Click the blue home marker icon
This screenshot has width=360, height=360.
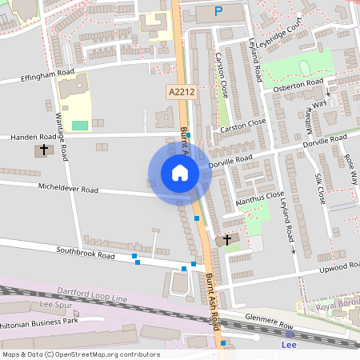(x=180, y=173)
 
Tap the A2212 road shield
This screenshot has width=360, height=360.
(x=181, y=94)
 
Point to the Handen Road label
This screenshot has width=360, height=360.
(x=34, y=137)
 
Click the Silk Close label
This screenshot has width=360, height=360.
(x=318, y=189)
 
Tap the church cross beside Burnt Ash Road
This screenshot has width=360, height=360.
(x=226, y=239)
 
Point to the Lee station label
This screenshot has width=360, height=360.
(x=290, y=345)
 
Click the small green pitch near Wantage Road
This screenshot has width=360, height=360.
(x=80, y=125)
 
